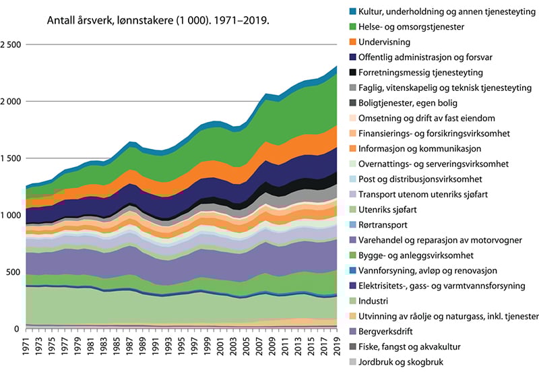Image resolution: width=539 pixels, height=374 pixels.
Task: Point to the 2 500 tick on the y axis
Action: [12, 44]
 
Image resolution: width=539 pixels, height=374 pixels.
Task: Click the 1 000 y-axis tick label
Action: [12, 215]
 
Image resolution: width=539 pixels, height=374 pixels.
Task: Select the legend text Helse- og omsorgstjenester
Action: [418, 27]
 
